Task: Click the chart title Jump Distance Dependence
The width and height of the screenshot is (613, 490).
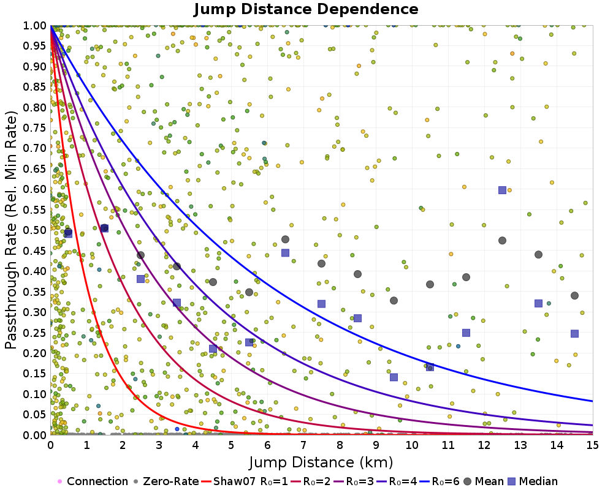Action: pos(306,9)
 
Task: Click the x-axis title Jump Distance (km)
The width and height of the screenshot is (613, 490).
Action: pos(321,462)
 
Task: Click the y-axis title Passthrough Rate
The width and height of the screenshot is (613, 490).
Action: pos(12,230)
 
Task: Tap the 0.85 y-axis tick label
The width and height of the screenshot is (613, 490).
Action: pos(35,87)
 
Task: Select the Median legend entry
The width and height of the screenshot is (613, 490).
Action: pos(533,481)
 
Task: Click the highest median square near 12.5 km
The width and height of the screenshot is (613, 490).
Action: pos(502,190)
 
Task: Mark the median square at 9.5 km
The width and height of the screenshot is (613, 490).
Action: pos(394,377)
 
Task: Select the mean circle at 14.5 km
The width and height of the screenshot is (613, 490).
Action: pos(574,295)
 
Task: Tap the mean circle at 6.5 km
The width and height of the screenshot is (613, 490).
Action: pos(285,239)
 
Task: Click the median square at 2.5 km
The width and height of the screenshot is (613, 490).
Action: pos(140,279)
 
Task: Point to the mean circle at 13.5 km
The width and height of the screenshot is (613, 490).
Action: pos(538,254)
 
